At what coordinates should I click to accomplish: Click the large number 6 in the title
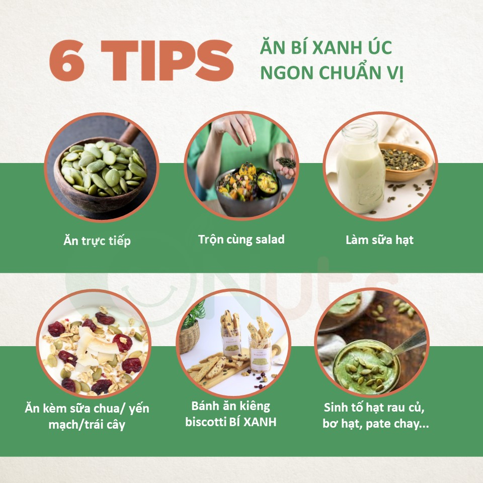(67, 60)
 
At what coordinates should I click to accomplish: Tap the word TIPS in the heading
(167, 60)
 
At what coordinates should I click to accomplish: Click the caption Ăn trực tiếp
(97, 241)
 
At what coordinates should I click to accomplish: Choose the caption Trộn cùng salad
(241, 239)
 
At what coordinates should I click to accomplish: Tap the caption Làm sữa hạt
(379, 239)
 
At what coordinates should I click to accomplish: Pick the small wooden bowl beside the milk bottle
(405, 162)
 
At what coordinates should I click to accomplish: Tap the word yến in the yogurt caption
(139, 409)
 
